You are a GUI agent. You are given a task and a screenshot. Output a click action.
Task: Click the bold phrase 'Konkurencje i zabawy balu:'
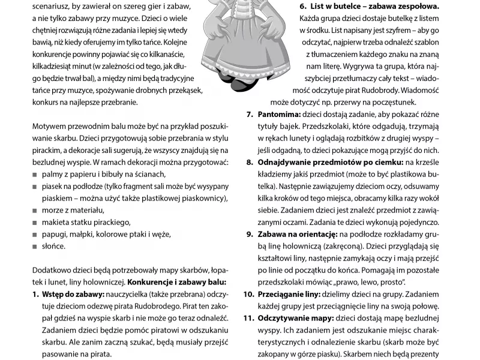[177, 281]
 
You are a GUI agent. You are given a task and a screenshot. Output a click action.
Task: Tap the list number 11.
[248, 319]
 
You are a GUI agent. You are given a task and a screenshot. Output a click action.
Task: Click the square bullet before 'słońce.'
[35, 247]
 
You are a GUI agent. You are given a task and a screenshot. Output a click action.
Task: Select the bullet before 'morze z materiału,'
[35, 211]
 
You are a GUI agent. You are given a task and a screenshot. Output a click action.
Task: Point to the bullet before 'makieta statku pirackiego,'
[35, 223]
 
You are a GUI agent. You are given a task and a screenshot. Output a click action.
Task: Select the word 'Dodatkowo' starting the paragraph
[52, 269]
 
